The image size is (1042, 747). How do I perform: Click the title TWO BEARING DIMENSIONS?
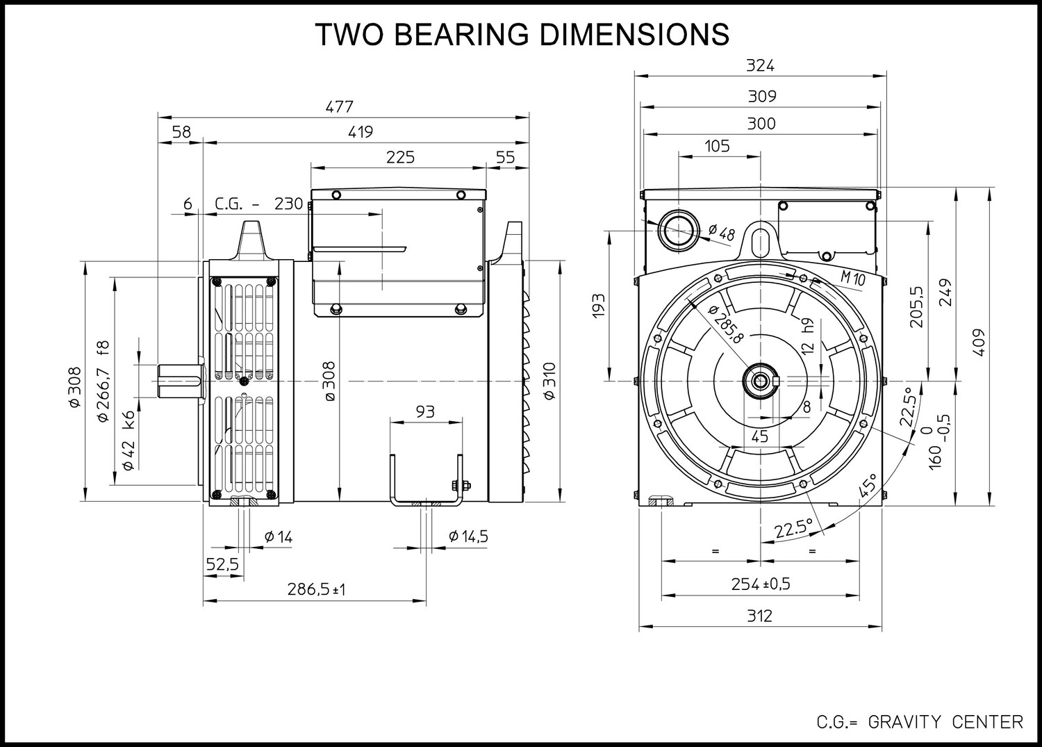click(x=522, y=35)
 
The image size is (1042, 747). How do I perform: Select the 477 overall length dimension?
click(x=339, y=107)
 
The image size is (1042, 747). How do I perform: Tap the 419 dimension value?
click(x=361, y=132)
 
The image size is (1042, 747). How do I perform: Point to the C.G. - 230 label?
click(x=258, y=204)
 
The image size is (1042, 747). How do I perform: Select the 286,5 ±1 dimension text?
click(x=316, y=589)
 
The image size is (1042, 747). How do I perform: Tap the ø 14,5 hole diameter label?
click(x=468, y=536)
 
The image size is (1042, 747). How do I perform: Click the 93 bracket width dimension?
click(x=425, y=412)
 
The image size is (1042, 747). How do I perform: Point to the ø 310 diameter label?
click(x=549, y=381)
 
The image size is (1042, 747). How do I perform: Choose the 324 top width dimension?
click(x=760, y=65)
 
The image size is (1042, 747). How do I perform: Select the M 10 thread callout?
click(x=853, y=279)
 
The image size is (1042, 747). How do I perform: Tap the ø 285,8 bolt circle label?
click(x=725, y=324)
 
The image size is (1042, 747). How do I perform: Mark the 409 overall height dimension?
click(x=979, y=343)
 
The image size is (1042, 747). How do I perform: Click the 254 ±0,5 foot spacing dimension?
click(x=761, y=584)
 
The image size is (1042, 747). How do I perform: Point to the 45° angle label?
click(x=868, y=486)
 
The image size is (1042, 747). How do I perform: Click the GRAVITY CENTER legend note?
click(x=945, y=722)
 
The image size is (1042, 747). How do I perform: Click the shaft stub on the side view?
click(x=181, y=381)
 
